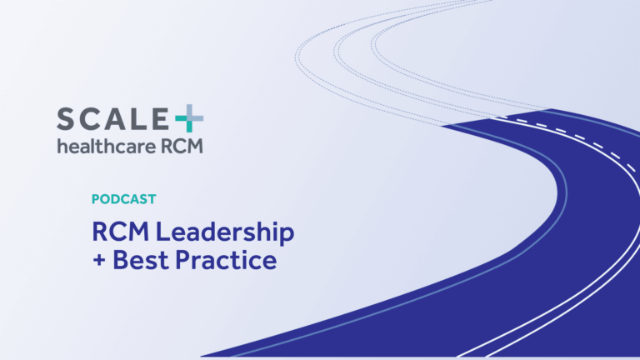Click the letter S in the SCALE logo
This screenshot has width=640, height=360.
pyautogui.click(x=67, y=119)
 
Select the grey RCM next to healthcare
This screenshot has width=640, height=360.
pyautogui.click(x=182, y=147)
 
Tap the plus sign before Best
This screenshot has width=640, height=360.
pyautogui.click(x=100, y=261)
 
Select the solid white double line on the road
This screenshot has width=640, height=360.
pyautogui.click(x=575, y=275)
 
